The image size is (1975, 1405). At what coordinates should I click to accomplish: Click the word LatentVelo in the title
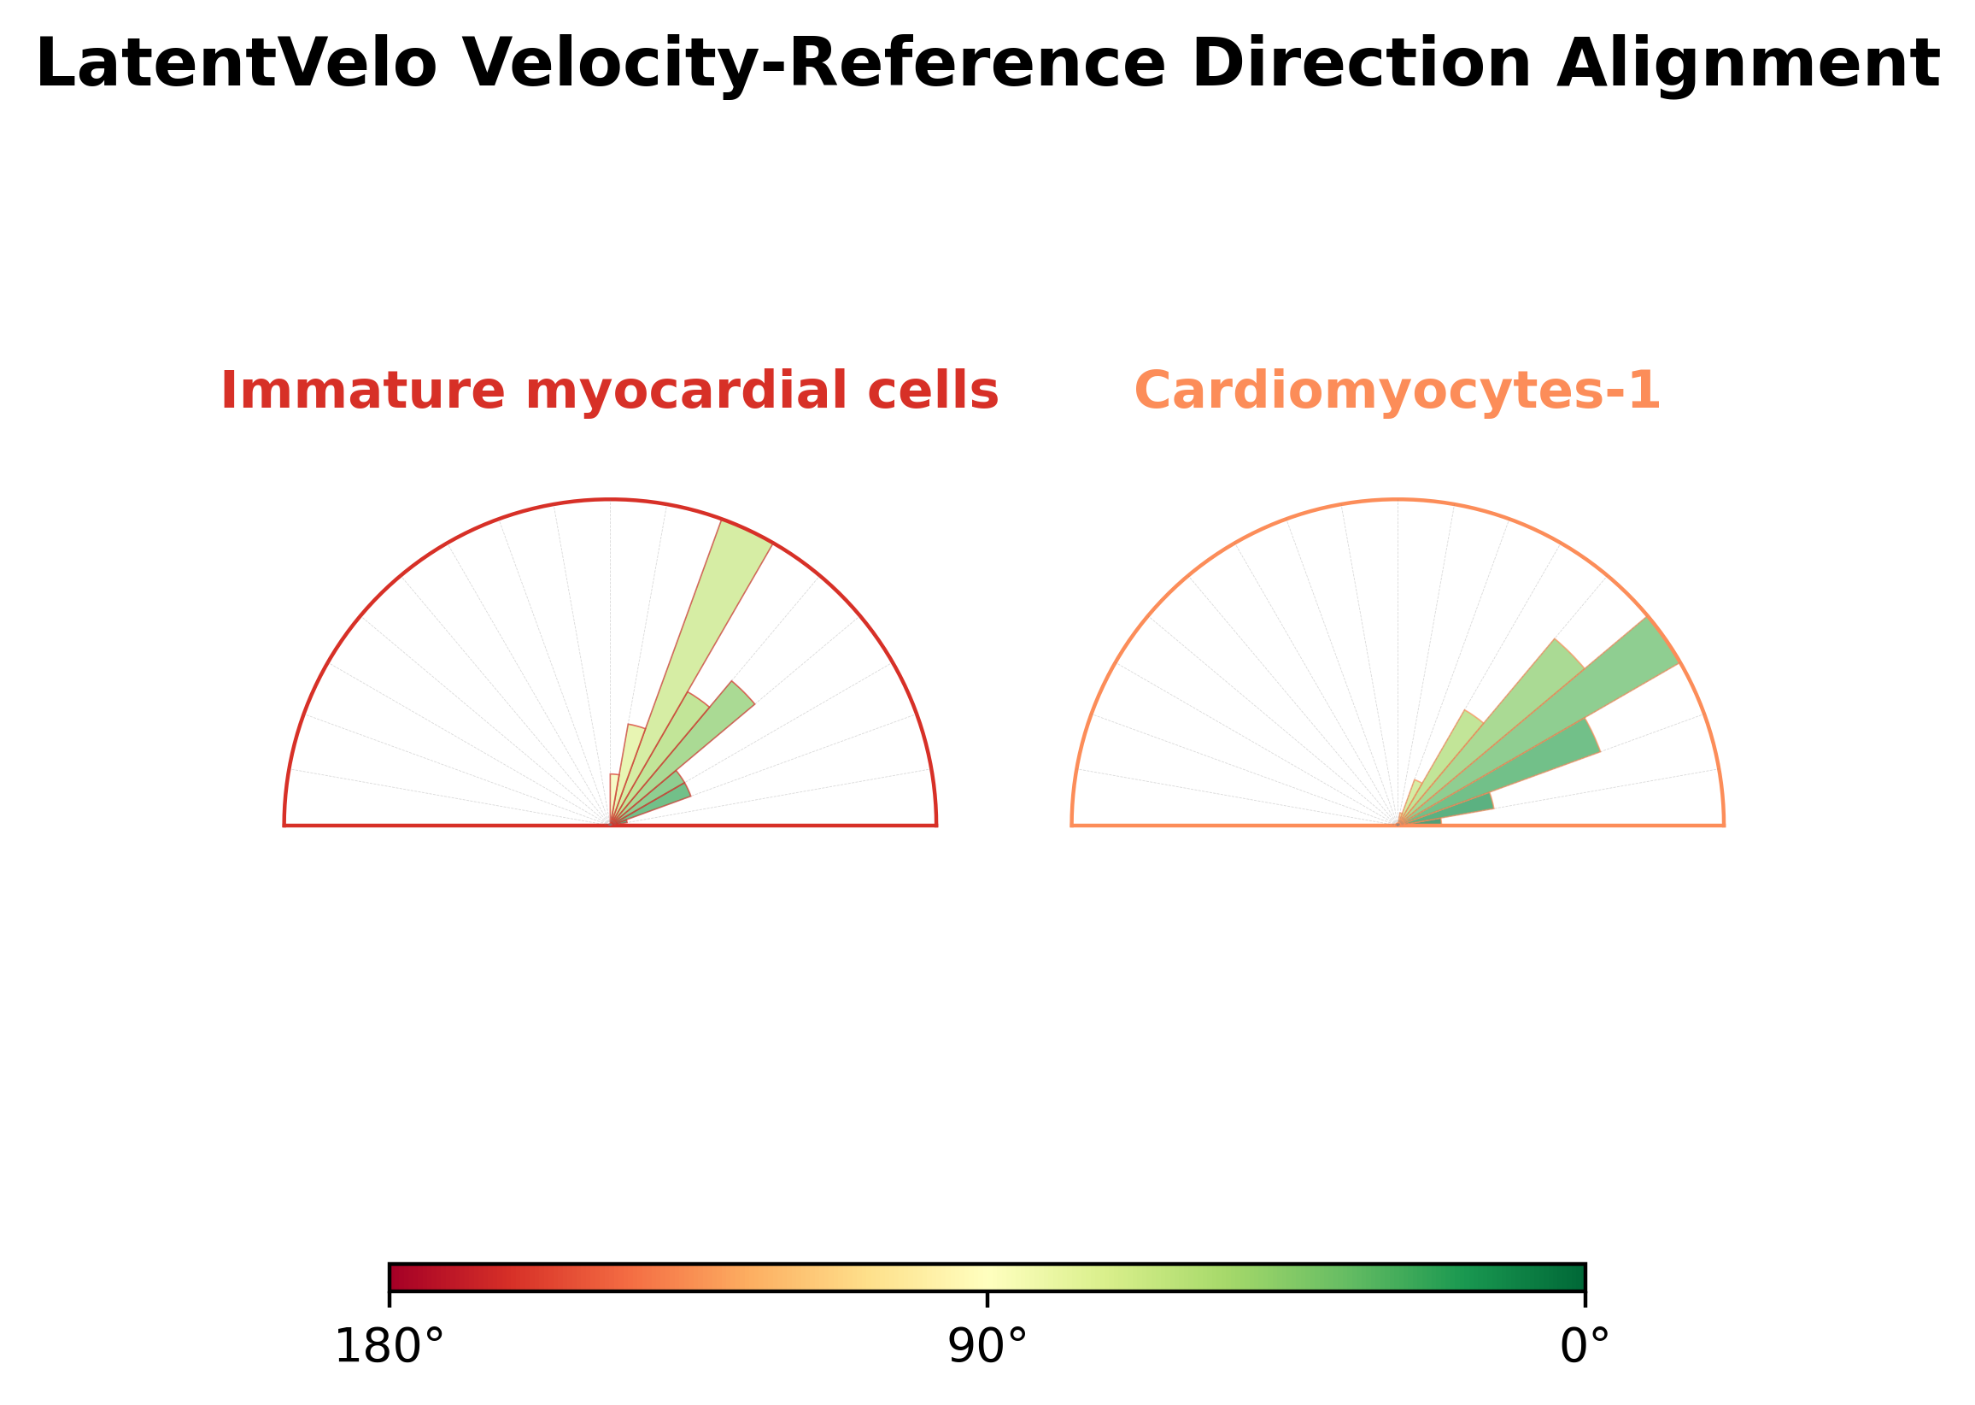(x=236, y=64)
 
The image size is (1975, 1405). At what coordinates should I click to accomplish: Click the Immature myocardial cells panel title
(x=610, y=391)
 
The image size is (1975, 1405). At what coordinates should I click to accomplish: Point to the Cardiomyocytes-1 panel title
(x=1398, y=391)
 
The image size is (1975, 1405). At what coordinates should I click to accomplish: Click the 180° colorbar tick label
(x=390, y=1347)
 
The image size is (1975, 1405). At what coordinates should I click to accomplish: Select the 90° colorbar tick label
(x=987, y=1347)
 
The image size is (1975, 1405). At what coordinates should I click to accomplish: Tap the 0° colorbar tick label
(x=1585, y=1347)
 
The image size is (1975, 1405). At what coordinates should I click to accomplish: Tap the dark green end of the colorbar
(x=1579, y=1277)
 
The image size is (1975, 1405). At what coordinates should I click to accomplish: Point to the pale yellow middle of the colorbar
(x=987, y=1277)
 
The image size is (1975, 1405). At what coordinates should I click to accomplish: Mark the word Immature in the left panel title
(x=363, y=391)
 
